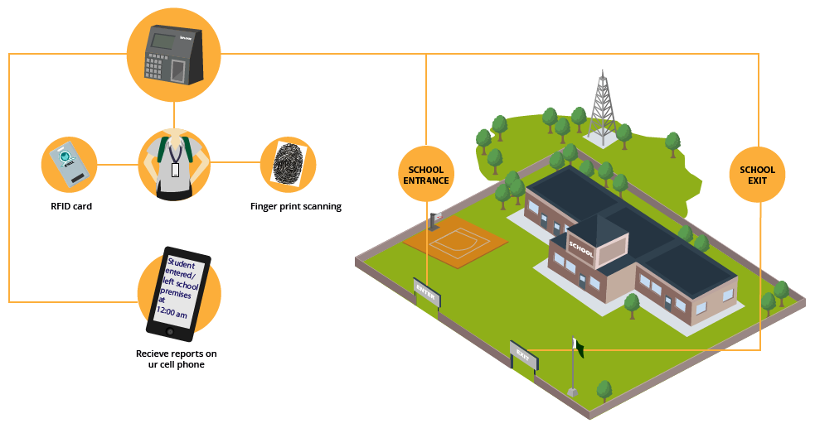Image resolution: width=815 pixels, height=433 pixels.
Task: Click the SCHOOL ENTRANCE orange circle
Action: pos(425,175)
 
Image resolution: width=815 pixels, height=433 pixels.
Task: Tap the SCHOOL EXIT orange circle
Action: pos(757,175)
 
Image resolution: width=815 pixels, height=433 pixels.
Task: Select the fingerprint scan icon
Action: pos(289,163)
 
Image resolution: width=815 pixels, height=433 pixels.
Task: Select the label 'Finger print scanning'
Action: pos(295,206)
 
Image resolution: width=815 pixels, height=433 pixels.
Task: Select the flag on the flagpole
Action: pos(580,349)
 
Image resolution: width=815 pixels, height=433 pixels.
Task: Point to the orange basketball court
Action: pos(455,243)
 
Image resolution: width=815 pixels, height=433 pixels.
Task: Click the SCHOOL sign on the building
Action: pos(581,248)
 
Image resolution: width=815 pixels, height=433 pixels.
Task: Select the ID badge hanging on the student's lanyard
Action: pos(175,170)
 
